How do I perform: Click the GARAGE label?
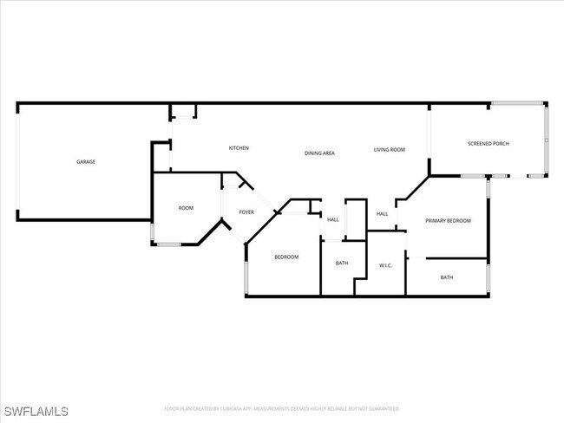(85, 162)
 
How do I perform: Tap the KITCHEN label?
(239, 148)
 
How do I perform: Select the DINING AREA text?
(319, 153)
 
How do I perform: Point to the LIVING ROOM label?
(390, 150)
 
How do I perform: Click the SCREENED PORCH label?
(489, 144)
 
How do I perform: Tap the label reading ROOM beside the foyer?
(186, 208)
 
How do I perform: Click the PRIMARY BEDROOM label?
(448, 221)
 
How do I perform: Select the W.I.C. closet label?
(386, 265)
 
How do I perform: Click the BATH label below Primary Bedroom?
(446, 277)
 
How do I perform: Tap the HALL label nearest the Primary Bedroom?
(382, 214)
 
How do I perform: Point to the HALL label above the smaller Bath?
(333, 220)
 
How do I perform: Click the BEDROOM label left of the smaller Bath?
(286, 257)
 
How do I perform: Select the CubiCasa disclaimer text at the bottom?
(282, 408)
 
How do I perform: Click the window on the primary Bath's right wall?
(488, 277)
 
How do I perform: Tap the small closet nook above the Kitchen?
(183, 111)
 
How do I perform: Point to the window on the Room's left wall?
(154, 233)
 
